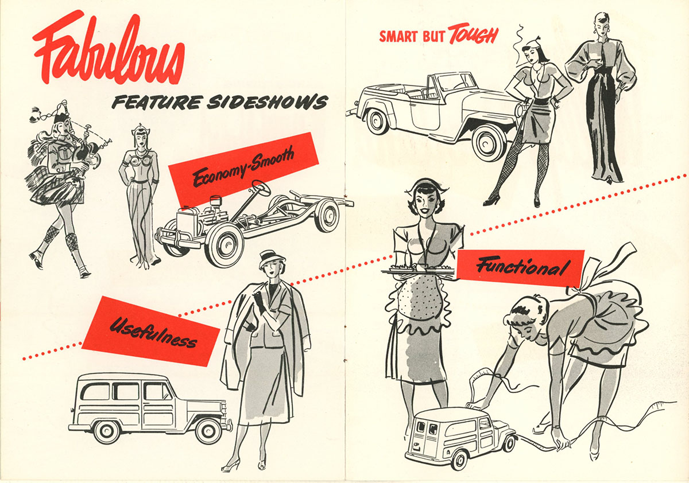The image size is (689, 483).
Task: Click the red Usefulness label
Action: [152, 331]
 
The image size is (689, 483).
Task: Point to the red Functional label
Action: [521, 266]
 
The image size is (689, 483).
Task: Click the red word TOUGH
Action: [473, 36]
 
